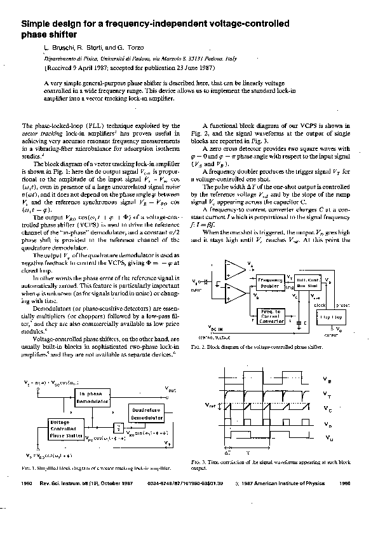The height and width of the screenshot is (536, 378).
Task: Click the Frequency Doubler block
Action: coord(269,283)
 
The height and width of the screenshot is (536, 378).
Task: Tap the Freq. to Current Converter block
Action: coord(272,315)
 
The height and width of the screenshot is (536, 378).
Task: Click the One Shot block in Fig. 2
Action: coord(310,283)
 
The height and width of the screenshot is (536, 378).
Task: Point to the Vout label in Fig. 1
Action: coord(171,388)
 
